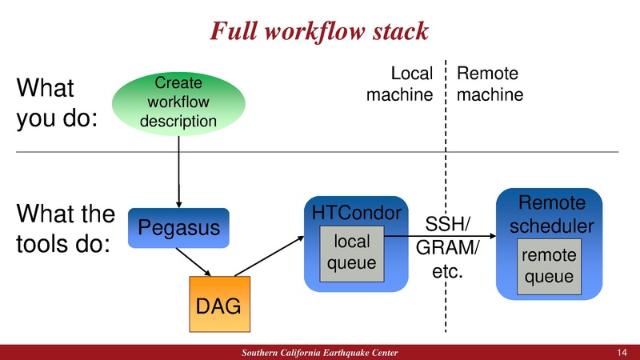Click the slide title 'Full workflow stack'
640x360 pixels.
[319, 30]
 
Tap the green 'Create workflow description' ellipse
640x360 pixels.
[178, 102]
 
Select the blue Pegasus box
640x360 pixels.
[178, 228]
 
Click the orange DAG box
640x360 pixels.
[220, 304]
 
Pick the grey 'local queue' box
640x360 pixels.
[351, 252]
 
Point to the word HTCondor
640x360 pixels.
[355, 214]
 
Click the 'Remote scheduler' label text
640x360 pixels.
[552, 214]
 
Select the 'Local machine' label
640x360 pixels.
[400, 84]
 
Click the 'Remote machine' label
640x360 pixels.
[490, 84]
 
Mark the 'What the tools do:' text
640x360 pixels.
[66, 229]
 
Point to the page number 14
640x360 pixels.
[622, 353]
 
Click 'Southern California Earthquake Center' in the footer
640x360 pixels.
[319, 353]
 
